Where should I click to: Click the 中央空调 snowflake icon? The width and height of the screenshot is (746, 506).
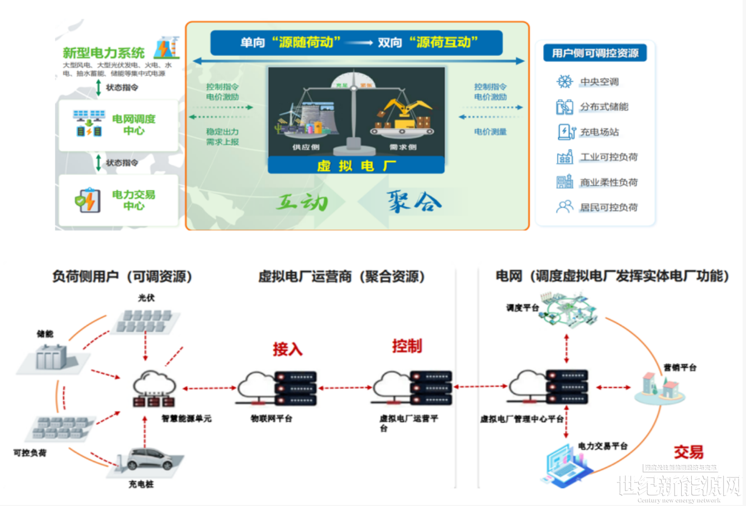coord(564,82)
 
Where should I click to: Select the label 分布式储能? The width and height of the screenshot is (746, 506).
coord(604,107)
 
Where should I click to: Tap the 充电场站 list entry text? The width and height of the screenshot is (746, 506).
coord(599,132)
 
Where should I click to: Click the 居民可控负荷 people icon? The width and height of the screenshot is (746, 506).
coord(564,207)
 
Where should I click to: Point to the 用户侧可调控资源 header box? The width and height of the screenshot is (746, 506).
coord(595,53)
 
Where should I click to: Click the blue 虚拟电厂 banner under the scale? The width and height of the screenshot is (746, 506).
coord(356,165)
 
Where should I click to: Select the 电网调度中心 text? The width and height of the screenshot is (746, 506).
coord(134,125)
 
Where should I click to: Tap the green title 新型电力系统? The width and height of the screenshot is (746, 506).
coord(103,53)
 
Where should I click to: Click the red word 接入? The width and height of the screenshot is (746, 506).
coord(287,350)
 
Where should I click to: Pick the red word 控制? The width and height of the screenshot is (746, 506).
coord(407,346)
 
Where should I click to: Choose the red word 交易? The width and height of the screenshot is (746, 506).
coord(688,452)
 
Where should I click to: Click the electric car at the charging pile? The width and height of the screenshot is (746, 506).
coord(151,459)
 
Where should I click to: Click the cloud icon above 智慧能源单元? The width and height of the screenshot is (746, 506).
coord(154,383)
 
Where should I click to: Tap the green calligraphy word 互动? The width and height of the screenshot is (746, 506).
coord(302,201)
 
